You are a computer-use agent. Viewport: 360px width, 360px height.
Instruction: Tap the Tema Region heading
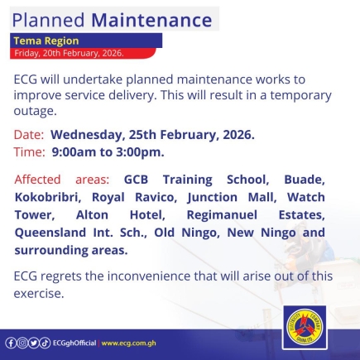(46, 40)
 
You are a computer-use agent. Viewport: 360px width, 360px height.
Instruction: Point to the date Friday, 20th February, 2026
(69, 52)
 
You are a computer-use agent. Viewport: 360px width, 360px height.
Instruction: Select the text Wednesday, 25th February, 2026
(152, 134)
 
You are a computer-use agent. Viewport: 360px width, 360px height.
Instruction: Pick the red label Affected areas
(61, 179)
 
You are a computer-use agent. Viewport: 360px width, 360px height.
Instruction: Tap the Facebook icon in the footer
(11, 343)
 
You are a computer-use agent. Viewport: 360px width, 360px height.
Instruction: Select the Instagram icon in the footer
(22, 343)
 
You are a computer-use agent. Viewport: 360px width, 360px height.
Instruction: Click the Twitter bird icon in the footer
(34, 343)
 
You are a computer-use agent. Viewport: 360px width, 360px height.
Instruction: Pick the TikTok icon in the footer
(46, 343)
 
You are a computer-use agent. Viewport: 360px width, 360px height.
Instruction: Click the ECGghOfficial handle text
(75, 343)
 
